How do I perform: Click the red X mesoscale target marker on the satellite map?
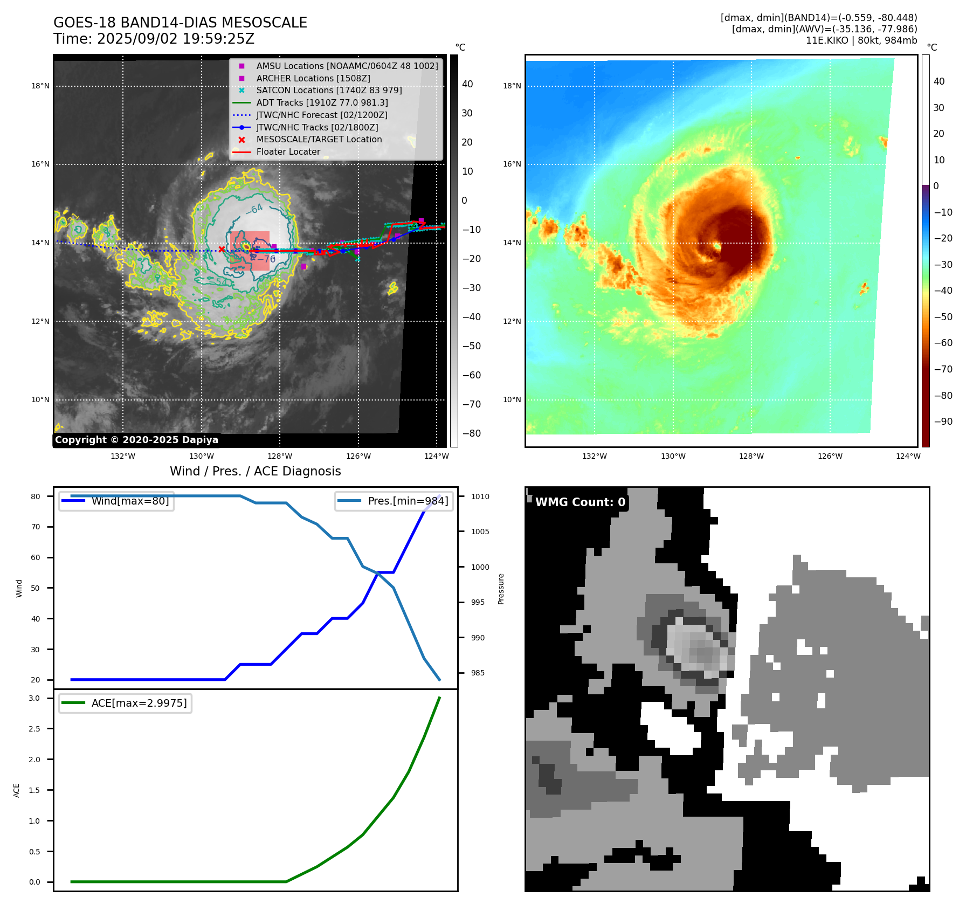(x=222, y=249)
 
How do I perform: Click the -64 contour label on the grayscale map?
(x=254, y=209)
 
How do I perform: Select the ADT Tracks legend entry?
(x=322, y=102)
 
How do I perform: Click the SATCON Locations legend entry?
(x=329, y=90)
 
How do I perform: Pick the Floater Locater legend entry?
(x=288, y=151)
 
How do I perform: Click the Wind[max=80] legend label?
(x=130, y=501)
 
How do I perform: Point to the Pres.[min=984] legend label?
(x=408, y=501)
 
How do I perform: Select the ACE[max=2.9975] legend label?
(x=139, y=703)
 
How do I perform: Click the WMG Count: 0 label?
(x=580, y=502)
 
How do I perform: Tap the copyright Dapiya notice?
(x=136, y=440)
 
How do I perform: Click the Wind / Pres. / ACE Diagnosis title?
(x=255, y=471)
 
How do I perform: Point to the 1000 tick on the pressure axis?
(x=480, y=567)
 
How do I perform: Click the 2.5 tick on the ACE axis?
(x=34, y=729)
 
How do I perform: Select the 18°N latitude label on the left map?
(x=40, y=86)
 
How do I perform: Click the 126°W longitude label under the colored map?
(x=830, y=456)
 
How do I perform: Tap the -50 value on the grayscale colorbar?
(x=472, y=346)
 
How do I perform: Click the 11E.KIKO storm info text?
(x=861, y=40)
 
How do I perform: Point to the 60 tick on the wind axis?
(x=36, y=557)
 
